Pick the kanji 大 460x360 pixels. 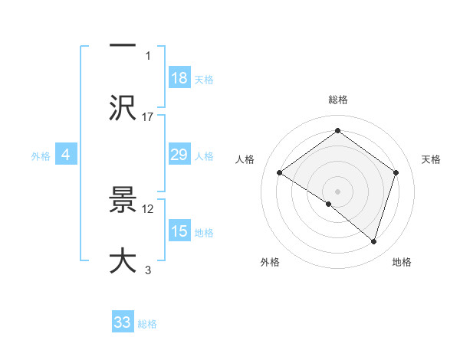(123, 260)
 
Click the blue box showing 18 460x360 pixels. (179, 78)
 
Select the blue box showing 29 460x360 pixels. (179, 155)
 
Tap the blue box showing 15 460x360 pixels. (179, 231)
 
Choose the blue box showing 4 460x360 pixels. (66, 155)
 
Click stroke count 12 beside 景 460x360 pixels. (148, 208)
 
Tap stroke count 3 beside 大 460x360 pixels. (148, 269)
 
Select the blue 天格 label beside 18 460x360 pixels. (204, 79)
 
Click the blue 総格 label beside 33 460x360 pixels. (147, 323)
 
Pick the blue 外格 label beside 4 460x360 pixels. (41, 155)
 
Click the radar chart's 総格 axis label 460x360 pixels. (337, 100)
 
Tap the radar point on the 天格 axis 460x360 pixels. (396, 172)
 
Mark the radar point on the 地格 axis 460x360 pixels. (374, 241)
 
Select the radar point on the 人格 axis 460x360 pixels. (280, 173)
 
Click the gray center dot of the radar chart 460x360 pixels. (337, 191)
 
